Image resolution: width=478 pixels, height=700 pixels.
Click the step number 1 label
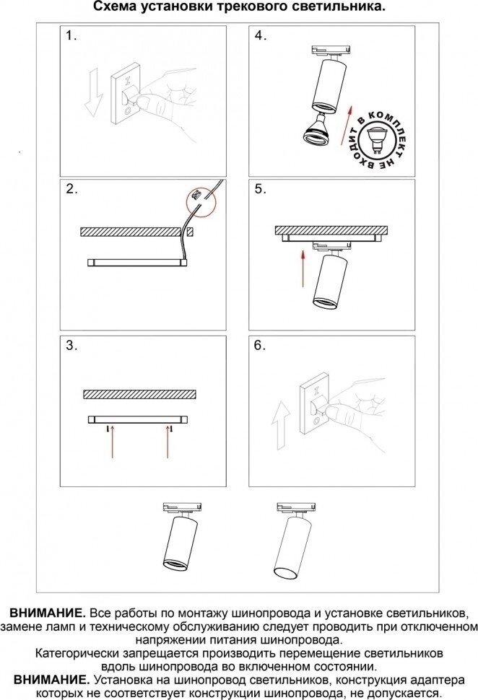(x=71, y=35)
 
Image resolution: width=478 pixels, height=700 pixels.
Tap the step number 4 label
(x=261, y=35)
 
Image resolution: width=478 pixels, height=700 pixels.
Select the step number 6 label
(x=260, y=345)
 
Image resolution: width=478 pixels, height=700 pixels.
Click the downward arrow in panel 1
(x=94, y=93)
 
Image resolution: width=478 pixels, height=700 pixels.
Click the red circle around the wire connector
(x=201, y=201)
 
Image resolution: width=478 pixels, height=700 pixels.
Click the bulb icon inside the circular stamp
(x=377, y=139)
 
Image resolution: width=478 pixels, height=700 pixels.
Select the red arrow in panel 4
(x=347, y=125)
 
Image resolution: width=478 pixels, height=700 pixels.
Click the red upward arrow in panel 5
(x=303, y=268)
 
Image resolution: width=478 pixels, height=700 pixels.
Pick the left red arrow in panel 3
(x=112, y=442)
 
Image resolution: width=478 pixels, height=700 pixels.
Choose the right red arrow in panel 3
(x=168, y=442)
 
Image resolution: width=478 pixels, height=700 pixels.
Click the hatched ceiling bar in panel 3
(x=140, y=394)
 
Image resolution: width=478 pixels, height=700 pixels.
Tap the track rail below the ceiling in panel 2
(x=138, y=263)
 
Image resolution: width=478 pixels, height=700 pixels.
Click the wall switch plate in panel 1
(x=126, y=95)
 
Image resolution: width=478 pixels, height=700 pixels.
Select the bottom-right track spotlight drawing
(x=292, y=541)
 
